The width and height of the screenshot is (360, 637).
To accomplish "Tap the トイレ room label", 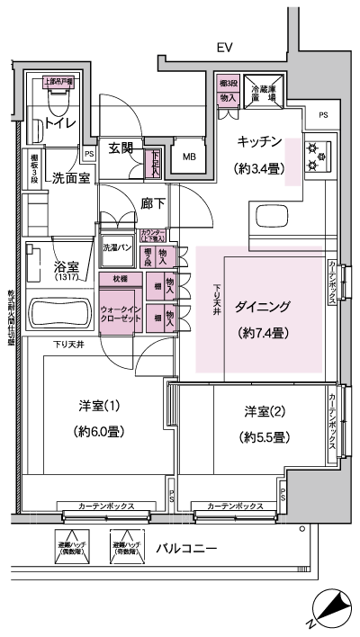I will pyautogui.click(x=54, y=125).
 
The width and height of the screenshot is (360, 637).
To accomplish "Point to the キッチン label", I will pyautogui.click(x=260, y=142).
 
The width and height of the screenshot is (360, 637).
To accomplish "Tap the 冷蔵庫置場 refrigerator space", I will pyautogui.click(x=267, y=94).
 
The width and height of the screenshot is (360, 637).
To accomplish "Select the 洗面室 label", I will pyautogui.click(x=69, y=177).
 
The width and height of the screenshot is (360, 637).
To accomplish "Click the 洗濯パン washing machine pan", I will pyautogui.click(x=117, y=256).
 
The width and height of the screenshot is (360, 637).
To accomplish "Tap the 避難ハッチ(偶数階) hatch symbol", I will pyautogui.click(x=68, y=547).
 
